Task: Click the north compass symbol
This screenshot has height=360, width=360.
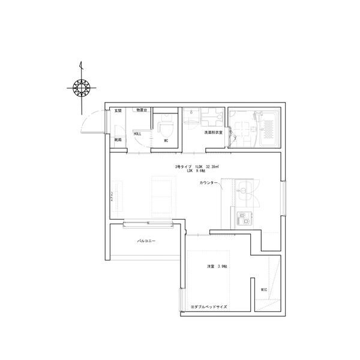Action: [x=79, y=88]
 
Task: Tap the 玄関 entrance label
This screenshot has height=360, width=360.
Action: [x=118, y=111]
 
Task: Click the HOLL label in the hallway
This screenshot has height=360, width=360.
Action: [x=137, y=134]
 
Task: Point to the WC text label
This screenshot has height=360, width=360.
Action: [x=166, y=140]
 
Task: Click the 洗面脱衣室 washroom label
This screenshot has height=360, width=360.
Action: [x=213, y=132]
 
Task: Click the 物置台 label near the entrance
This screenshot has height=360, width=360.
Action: [x=142, y=110]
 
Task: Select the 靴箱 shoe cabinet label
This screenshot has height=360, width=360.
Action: [x=118, y=140]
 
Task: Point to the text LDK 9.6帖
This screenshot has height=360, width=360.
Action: [x=196, y=171]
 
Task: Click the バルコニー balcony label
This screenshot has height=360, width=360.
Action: [x=146, y=240]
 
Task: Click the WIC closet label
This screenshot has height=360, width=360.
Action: [x=263, y=290]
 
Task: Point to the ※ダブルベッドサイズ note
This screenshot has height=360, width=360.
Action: [x=208, y=305]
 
